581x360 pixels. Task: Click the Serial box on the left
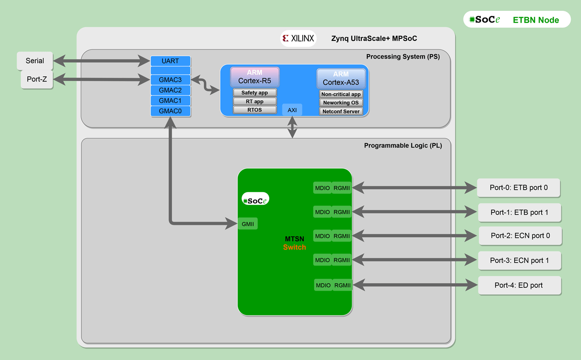pyautogui.click(x=35, y=61)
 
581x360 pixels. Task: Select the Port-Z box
pyautogui.click(x=37, y=79)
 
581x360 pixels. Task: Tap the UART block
pyautogui.click(x=170, y=61)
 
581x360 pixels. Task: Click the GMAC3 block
pyautogui.click(x=170, y=80)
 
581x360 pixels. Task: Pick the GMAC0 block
pyautogui.click(x=170, y=111)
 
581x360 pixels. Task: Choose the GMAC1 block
pyautogui.click(x=170, y=100)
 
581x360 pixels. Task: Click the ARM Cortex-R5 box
pyautogui.click(x=255, y=77)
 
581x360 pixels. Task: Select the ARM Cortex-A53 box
pyautogui.click(x=341, y=78)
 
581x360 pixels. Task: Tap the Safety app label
pyautogui.click(x=255, y=93)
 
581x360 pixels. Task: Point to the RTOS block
pyautogui.click(x=255, y=110)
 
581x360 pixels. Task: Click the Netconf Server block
pyautogui.click(x=341, y=111)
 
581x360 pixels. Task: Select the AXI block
pyautogui.click(x=292, y=110)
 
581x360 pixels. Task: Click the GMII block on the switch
pyautogui.click(x=248, y=223)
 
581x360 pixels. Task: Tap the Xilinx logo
pyautogui.click(x=298, y=39)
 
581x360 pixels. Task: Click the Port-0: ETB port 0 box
pyautogui.click(x=518, y=187)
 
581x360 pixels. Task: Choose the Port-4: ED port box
pyautogui.click(x=519, y=286)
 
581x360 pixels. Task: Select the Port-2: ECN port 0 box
pyautogui.click(x=520, y=236)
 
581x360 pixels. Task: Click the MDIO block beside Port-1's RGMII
pyautogui.click(x=322, y=212)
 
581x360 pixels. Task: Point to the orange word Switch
pyautogui.click(x=295, y=247)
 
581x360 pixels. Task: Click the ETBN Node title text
pyautogui.click(x=536, y=20)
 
